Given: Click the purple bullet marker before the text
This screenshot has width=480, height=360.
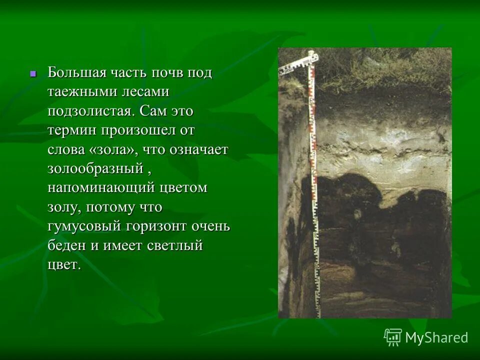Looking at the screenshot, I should pyautogui.click(x=33, y=73).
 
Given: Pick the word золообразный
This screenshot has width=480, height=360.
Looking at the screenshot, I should pyautogui.click(x=95, y=168).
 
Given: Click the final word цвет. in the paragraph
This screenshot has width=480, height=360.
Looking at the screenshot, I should pyautogui.click(x=64, y=264).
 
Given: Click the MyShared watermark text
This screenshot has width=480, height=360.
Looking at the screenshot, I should pyautogui.click(x=436, y=337).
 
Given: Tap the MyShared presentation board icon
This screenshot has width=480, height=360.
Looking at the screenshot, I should pyautogui.click(x=393, y=337).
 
